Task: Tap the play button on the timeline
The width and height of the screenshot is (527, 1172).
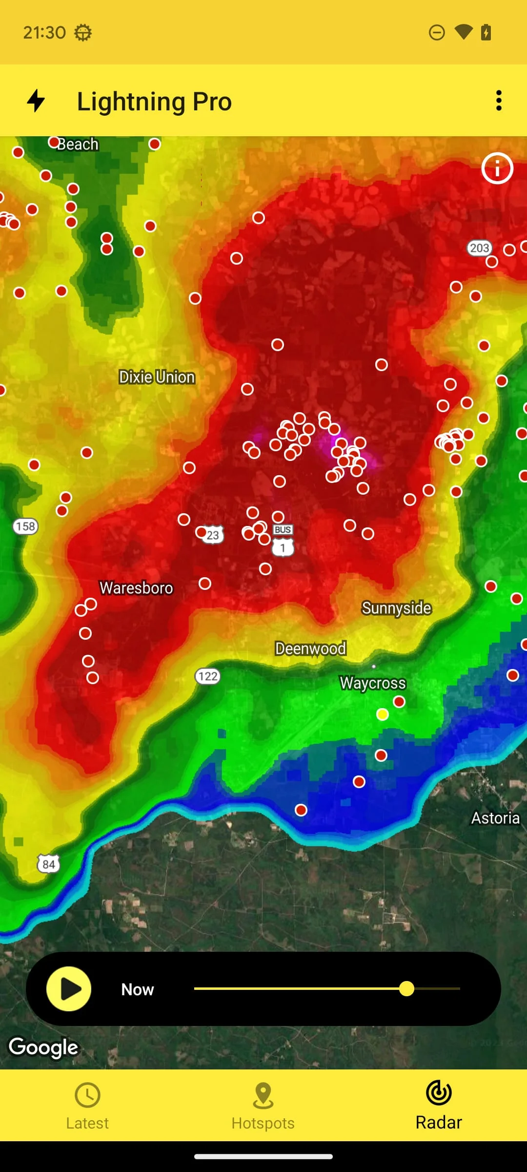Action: click(69, 989)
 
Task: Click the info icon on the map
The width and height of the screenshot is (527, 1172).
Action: click(497, 168)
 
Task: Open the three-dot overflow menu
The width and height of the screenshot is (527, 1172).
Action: click(498, 101)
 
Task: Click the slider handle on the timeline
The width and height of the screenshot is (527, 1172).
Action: click(406, 989)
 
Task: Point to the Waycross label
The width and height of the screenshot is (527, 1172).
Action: click(373, 683)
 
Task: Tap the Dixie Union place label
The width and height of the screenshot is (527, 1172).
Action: click(157, 377)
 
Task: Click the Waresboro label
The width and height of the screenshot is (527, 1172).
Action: click(136, 588)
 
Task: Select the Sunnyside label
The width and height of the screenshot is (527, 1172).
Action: click(396, 608)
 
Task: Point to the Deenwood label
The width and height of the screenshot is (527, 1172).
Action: click(310, 649)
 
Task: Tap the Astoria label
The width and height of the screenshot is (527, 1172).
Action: click(495, 818)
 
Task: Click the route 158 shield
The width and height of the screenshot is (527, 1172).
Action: click(25, 526)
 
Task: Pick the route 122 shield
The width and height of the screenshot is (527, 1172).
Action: click(208, 676)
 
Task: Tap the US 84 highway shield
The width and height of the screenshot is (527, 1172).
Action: click(48, 864)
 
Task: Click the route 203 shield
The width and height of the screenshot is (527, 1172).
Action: click(479, 248)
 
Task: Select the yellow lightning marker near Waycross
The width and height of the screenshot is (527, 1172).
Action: click(383, 714)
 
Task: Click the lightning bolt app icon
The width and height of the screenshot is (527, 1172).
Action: click(36, 101)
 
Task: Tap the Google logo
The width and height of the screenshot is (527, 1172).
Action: click(43, 1047)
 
